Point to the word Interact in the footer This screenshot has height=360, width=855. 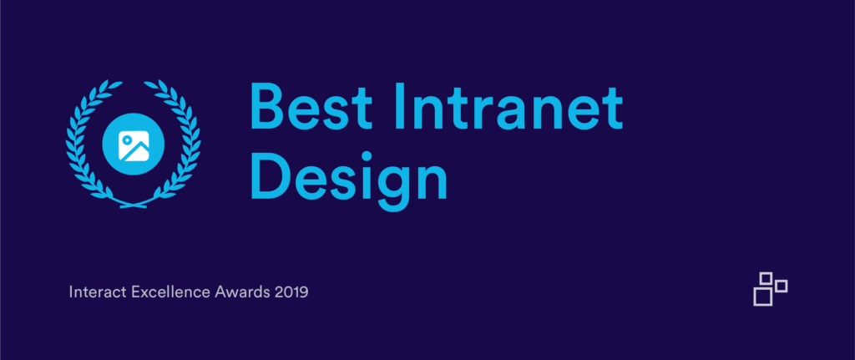point(99,292)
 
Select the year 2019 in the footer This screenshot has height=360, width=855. point(291,292)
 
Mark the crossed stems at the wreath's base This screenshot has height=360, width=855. point(134,204)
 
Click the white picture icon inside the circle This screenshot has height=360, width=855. point(134,145)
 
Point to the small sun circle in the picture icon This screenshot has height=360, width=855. point(127,139)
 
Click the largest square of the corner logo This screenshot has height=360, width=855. point(763,297)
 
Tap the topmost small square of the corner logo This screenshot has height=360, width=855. point(766,278)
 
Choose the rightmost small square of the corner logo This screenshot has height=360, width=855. point(782,286)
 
